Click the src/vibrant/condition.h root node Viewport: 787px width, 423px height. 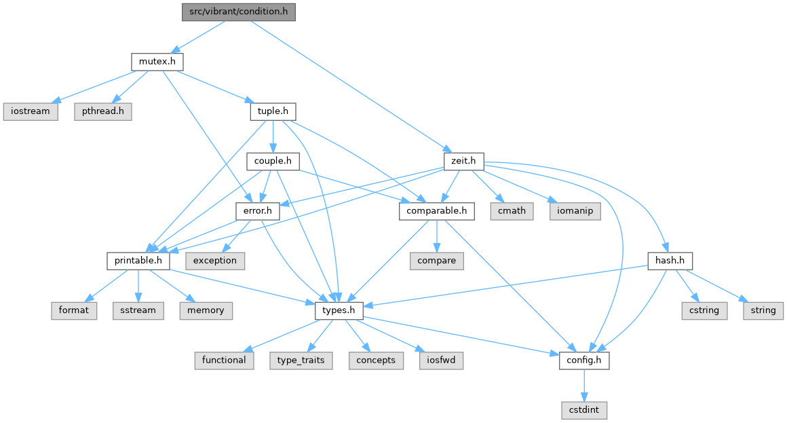239,12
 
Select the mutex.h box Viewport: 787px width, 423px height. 157,62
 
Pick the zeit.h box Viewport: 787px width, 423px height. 463,162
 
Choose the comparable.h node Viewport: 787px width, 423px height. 436,210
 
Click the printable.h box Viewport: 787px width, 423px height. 137,260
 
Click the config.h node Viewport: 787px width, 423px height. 583,360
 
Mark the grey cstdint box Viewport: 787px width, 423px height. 583,410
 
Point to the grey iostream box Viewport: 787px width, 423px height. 31,111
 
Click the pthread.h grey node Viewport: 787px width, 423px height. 102,111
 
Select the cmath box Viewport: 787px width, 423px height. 512,210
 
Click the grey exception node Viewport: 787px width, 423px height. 215,260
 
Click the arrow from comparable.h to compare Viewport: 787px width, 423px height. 436,236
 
